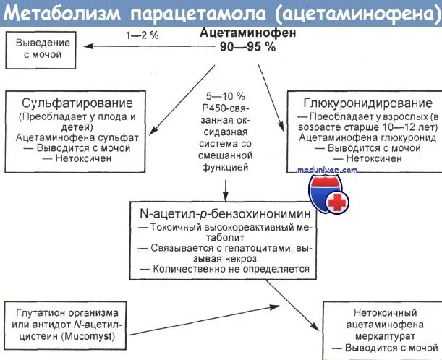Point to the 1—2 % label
pos(142,34)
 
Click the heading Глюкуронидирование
pos(362,103)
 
